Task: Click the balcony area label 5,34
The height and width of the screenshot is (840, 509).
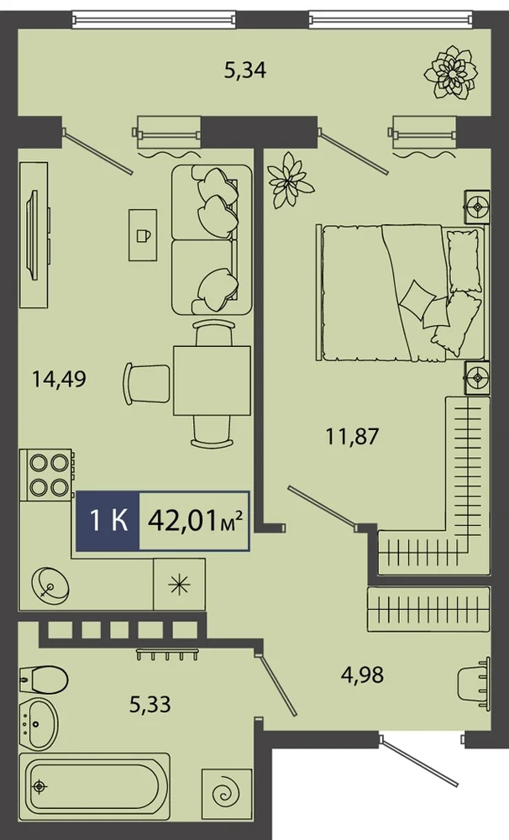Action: pos(245,71)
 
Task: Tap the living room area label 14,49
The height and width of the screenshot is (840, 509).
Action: pos(59,379)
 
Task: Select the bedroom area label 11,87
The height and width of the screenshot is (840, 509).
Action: pos(353,436)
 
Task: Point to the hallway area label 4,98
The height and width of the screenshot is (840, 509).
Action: pos(362,675)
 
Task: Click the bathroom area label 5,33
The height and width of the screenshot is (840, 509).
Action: pos(150,704)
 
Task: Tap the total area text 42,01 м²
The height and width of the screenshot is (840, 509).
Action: pos(196,520)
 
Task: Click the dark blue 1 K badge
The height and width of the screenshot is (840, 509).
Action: pos(108,520)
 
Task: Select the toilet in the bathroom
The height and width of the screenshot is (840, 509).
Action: pos(43,680)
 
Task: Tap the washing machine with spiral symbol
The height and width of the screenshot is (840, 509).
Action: pos(227,795)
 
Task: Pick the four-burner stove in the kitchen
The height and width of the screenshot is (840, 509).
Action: pos(46,474)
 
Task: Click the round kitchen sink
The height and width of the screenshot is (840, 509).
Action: pos(50,584)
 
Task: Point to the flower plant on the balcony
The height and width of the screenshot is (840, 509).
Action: pos(450,72)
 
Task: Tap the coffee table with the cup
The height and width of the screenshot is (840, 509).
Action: pos(143,234)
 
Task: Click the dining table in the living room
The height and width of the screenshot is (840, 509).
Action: pos(212,381)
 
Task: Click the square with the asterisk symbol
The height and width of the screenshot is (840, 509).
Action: pos(179,585)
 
